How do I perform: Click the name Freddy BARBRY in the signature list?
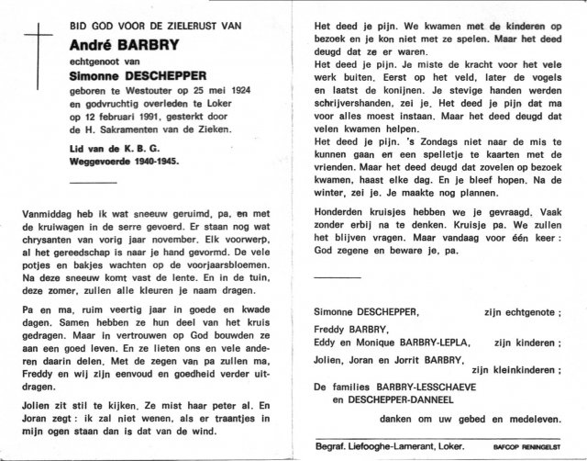pos(350,329)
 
